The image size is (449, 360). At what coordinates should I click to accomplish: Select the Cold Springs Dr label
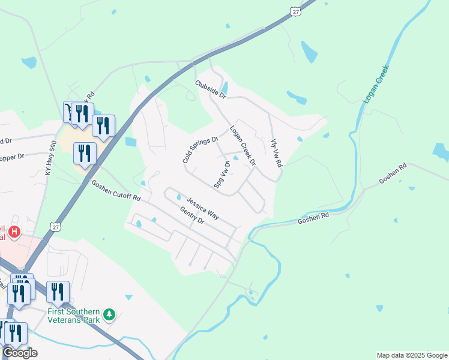click(x=200, y=150)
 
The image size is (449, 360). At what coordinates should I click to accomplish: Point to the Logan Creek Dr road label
click(x=243, y=145)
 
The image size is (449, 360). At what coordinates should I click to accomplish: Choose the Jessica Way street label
click(x=202, y=207)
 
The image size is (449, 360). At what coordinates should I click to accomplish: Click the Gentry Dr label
click(x=192, y=215)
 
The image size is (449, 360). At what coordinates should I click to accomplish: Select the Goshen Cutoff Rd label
click(x=116, y=190)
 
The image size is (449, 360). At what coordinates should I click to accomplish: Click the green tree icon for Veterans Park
click(x=109, y=314)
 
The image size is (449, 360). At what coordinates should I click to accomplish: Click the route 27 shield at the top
click(x=294, y=11)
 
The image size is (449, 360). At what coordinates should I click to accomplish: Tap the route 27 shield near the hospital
click(x=55, y=227)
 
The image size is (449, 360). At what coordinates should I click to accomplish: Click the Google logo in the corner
click(x=19, y=353)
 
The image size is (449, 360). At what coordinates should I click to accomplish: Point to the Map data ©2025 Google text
click(x=412, y=355)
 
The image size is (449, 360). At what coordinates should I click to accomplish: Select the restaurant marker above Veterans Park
click(x=58, y=292)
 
